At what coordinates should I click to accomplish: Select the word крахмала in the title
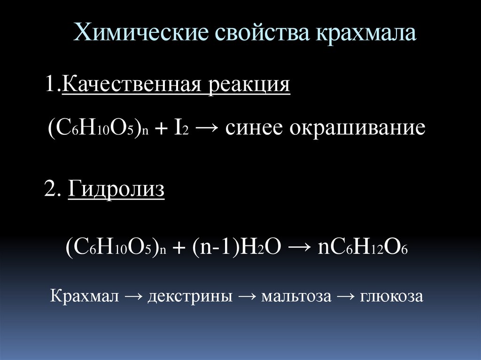365,32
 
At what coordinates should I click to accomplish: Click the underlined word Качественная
132,84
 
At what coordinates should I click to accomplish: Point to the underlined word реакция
249,85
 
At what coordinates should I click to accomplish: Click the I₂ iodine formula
181,128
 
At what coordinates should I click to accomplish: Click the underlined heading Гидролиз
116,189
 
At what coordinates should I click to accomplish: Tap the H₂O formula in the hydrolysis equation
260,247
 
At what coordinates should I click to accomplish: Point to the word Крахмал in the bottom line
84,296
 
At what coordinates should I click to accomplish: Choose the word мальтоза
296,296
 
